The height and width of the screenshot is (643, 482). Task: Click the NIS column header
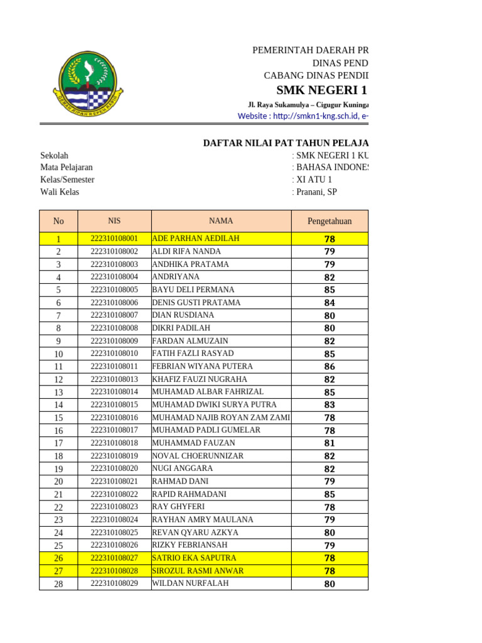(x=114, y=221)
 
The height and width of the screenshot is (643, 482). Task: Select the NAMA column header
(x=221, y=221)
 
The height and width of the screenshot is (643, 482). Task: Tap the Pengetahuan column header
(x=329, y=221)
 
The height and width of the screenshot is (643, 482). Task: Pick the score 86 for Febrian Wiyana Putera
(x=329, y=367)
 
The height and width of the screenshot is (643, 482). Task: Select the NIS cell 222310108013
(x=114, y=379)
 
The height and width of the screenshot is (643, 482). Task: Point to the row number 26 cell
(x=58, y=558)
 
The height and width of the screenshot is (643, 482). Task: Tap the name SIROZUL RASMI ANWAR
(x=198, y=571)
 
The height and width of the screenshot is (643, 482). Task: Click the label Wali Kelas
(x=60, y=192)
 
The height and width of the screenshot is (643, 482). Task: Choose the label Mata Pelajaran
(x=67, y=168)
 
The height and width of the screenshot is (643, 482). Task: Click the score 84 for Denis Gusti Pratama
(x=329, y=303)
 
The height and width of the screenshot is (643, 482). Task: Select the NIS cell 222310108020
(x=114, y=468)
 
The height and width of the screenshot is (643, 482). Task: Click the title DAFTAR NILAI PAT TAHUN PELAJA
(x=286, y=143)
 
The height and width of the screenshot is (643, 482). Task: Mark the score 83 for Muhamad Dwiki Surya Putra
(x=329, y=405)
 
